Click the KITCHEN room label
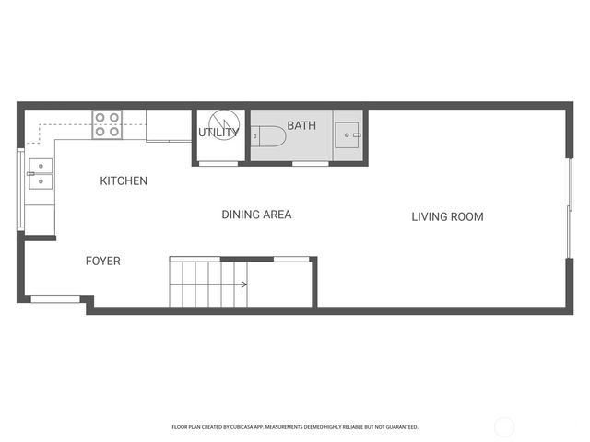click(124, 181)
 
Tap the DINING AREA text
click(256, 215)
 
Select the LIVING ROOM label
click(447, 217)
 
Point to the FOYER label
click(102, 262)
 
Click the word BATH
click(301, 125)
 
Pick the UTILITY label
click(218, 133)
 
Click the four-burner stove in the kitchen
click(107, 124)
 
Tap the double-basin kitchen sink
click(41, 173)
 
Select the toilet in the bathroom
click(272, 137)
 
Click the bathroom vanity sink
click(348, 135)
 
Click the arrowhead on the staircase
click(244, 285)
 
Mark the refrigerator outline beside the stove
click(169, 125)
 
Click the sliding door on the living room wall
click(569, 215)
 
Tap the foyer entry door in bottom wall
click(55, 297)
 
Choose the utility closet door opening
click(218, 164)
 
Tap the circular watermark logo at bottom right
click(504, 426)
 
